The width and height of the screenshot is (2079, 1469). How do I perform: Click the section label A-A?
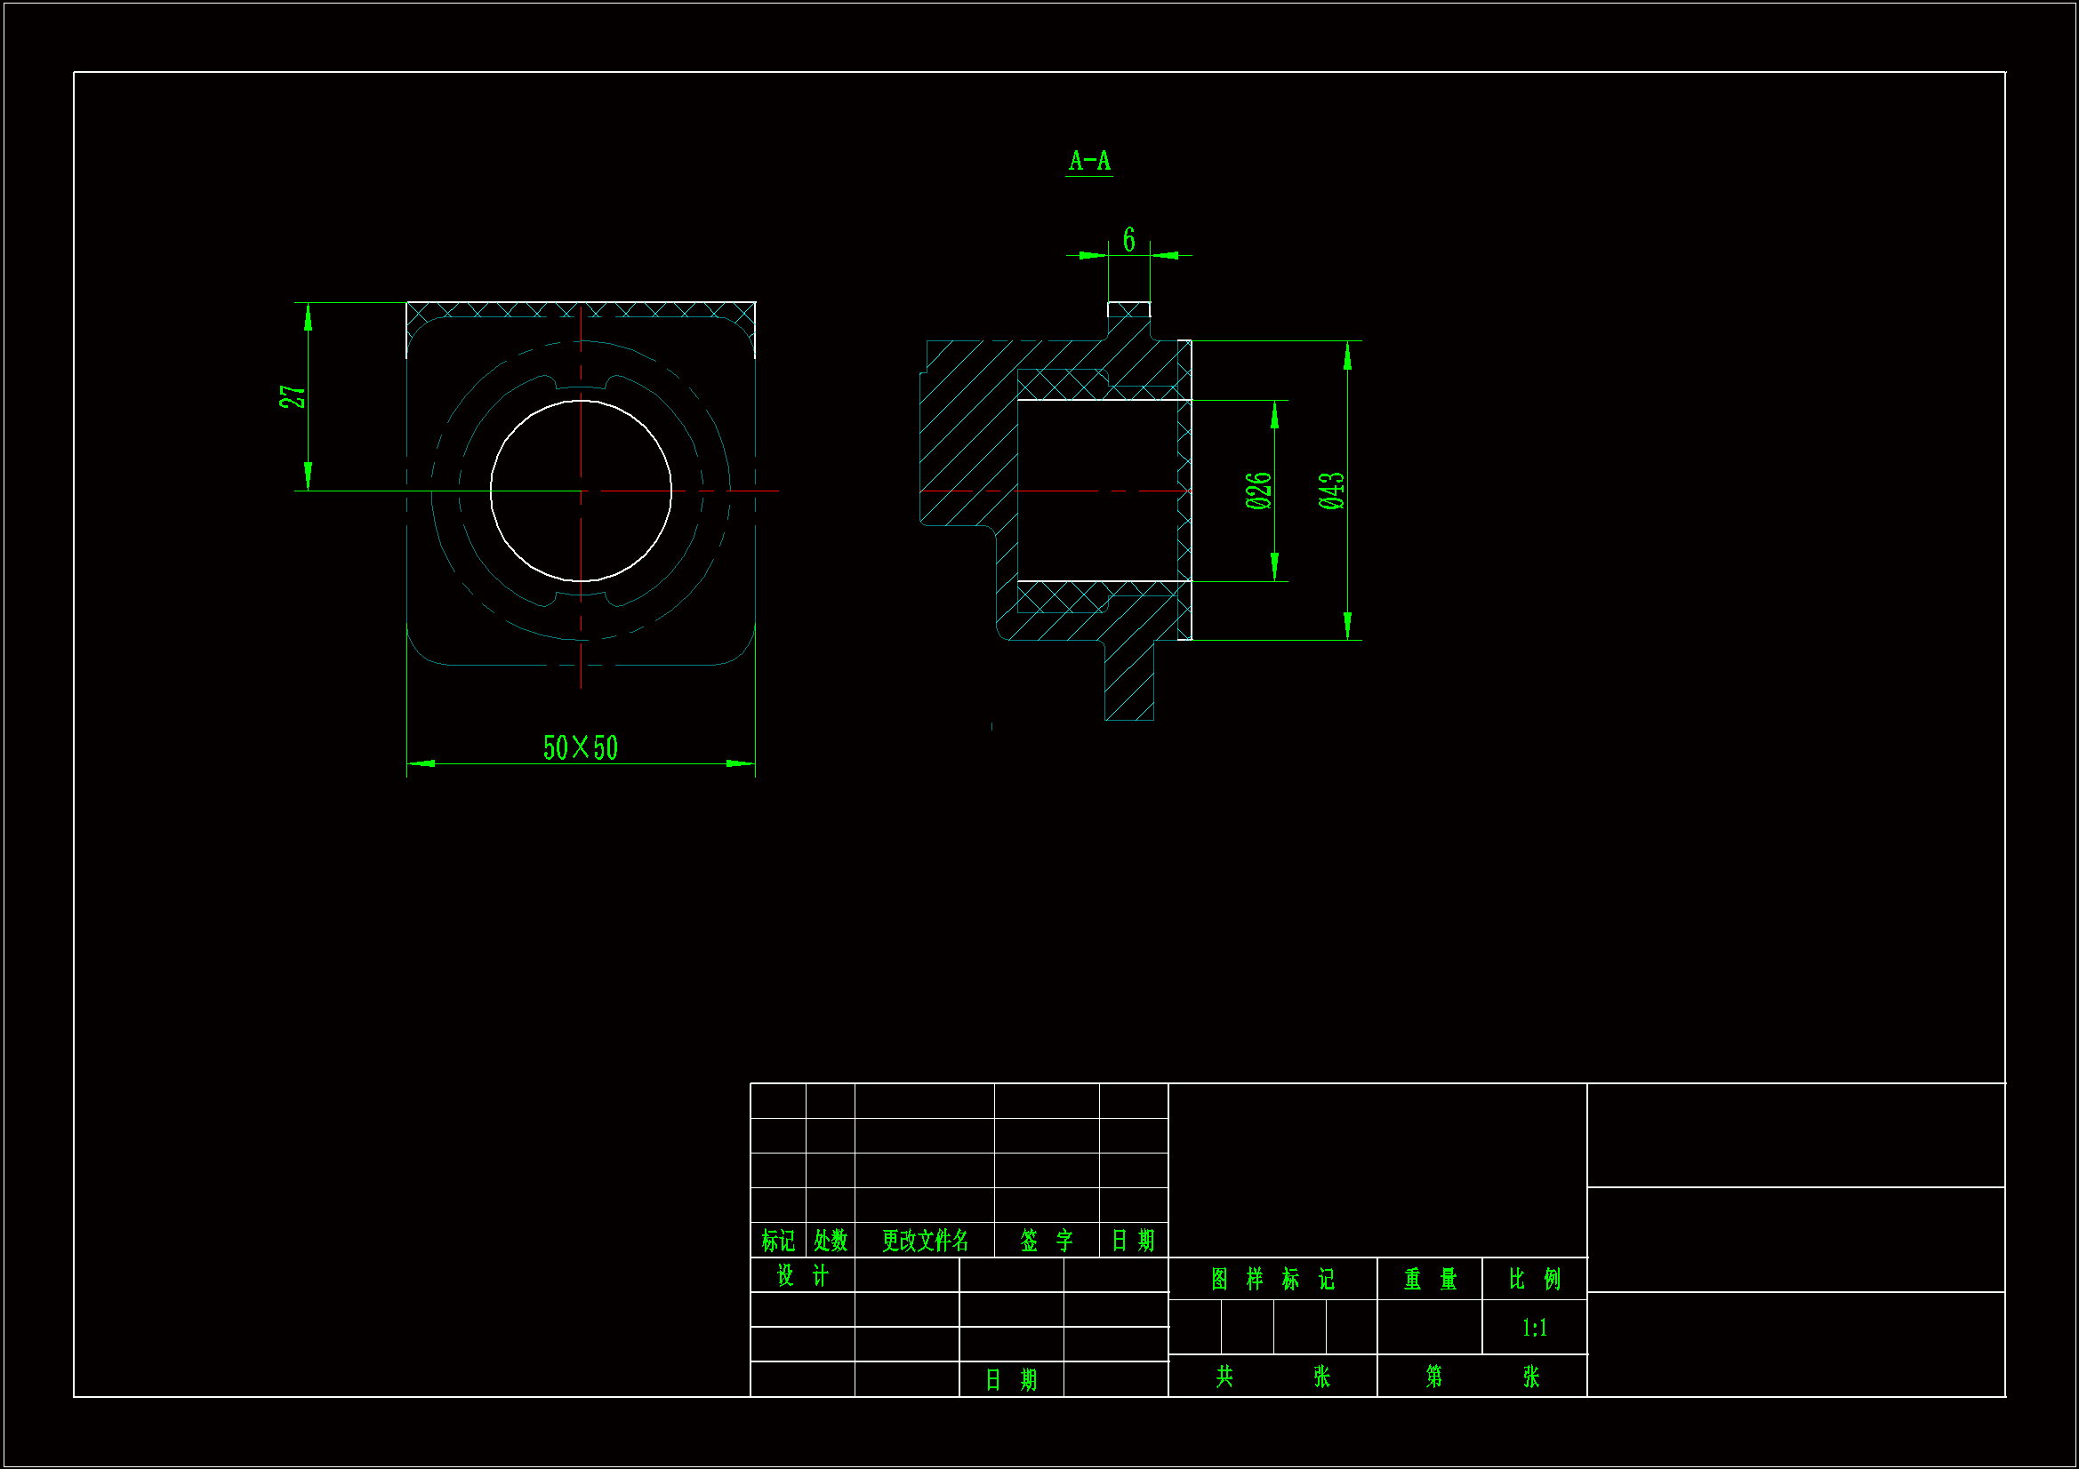(1089, 161)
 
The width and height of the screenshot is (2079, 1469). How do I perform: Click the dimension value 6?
(1128, 239)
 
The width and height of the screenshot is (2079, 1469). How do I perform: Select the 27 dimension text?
(293, 396)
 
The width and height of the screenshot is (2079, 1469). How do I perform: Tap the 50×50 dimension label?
(581, 747)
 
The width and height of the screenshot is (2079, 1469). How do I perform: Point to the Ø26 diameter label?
(1258, 490)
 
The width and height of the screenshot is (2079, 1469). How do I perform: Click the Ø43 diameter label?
(1331, 490)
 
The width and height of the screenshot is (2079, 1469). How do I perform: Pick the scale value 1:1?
(1534, 1328)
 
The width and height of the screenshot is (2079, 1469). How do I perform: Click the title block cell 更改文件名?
(925, 1240)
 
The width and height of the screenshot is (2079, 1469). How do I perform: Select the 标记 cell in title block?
(778, 1240)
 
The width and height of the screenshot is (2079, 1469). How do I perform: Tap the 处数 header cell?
(830, 1240)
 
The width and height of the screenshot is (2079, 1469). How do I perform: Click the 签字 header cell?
(1046, 1240)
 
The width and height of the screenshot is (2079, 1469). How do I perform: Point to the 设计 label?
(802, 1275)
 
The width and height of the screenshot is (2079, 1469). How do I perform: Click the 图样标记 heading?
(1272, 1279)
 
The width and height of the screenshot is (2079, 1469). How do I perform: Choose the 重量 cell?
(1430, 1279)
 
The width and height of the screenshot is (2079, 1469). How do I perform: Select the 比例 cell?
(1534, 1279)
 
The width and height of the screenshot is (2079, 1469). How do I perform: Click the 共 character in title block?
(1224, 1377)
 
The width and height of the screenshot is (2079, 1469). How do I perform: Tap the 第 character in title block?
(1434, 1377)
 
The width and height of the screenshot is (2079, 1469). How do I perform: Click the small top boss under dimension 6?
(1128, 309)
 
